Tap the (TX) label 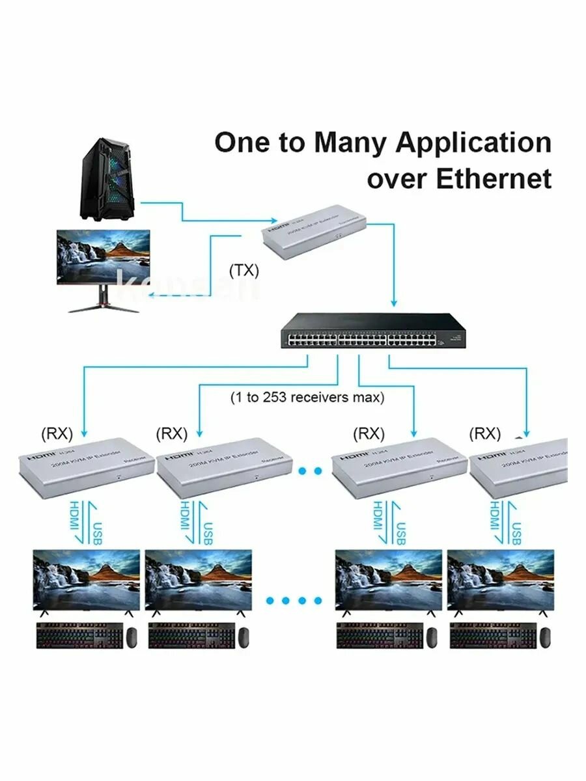point(244,271)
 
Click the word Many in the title point(351,142)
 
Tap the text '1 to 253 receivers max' point(307,396)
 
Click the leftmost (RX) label point(57,433)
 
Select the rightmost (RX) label point(485,433)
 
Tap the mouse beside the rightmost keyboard point(546,637)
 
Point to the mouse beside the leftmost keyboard point(131,637)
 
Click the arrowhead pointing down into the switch point(393,303)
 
